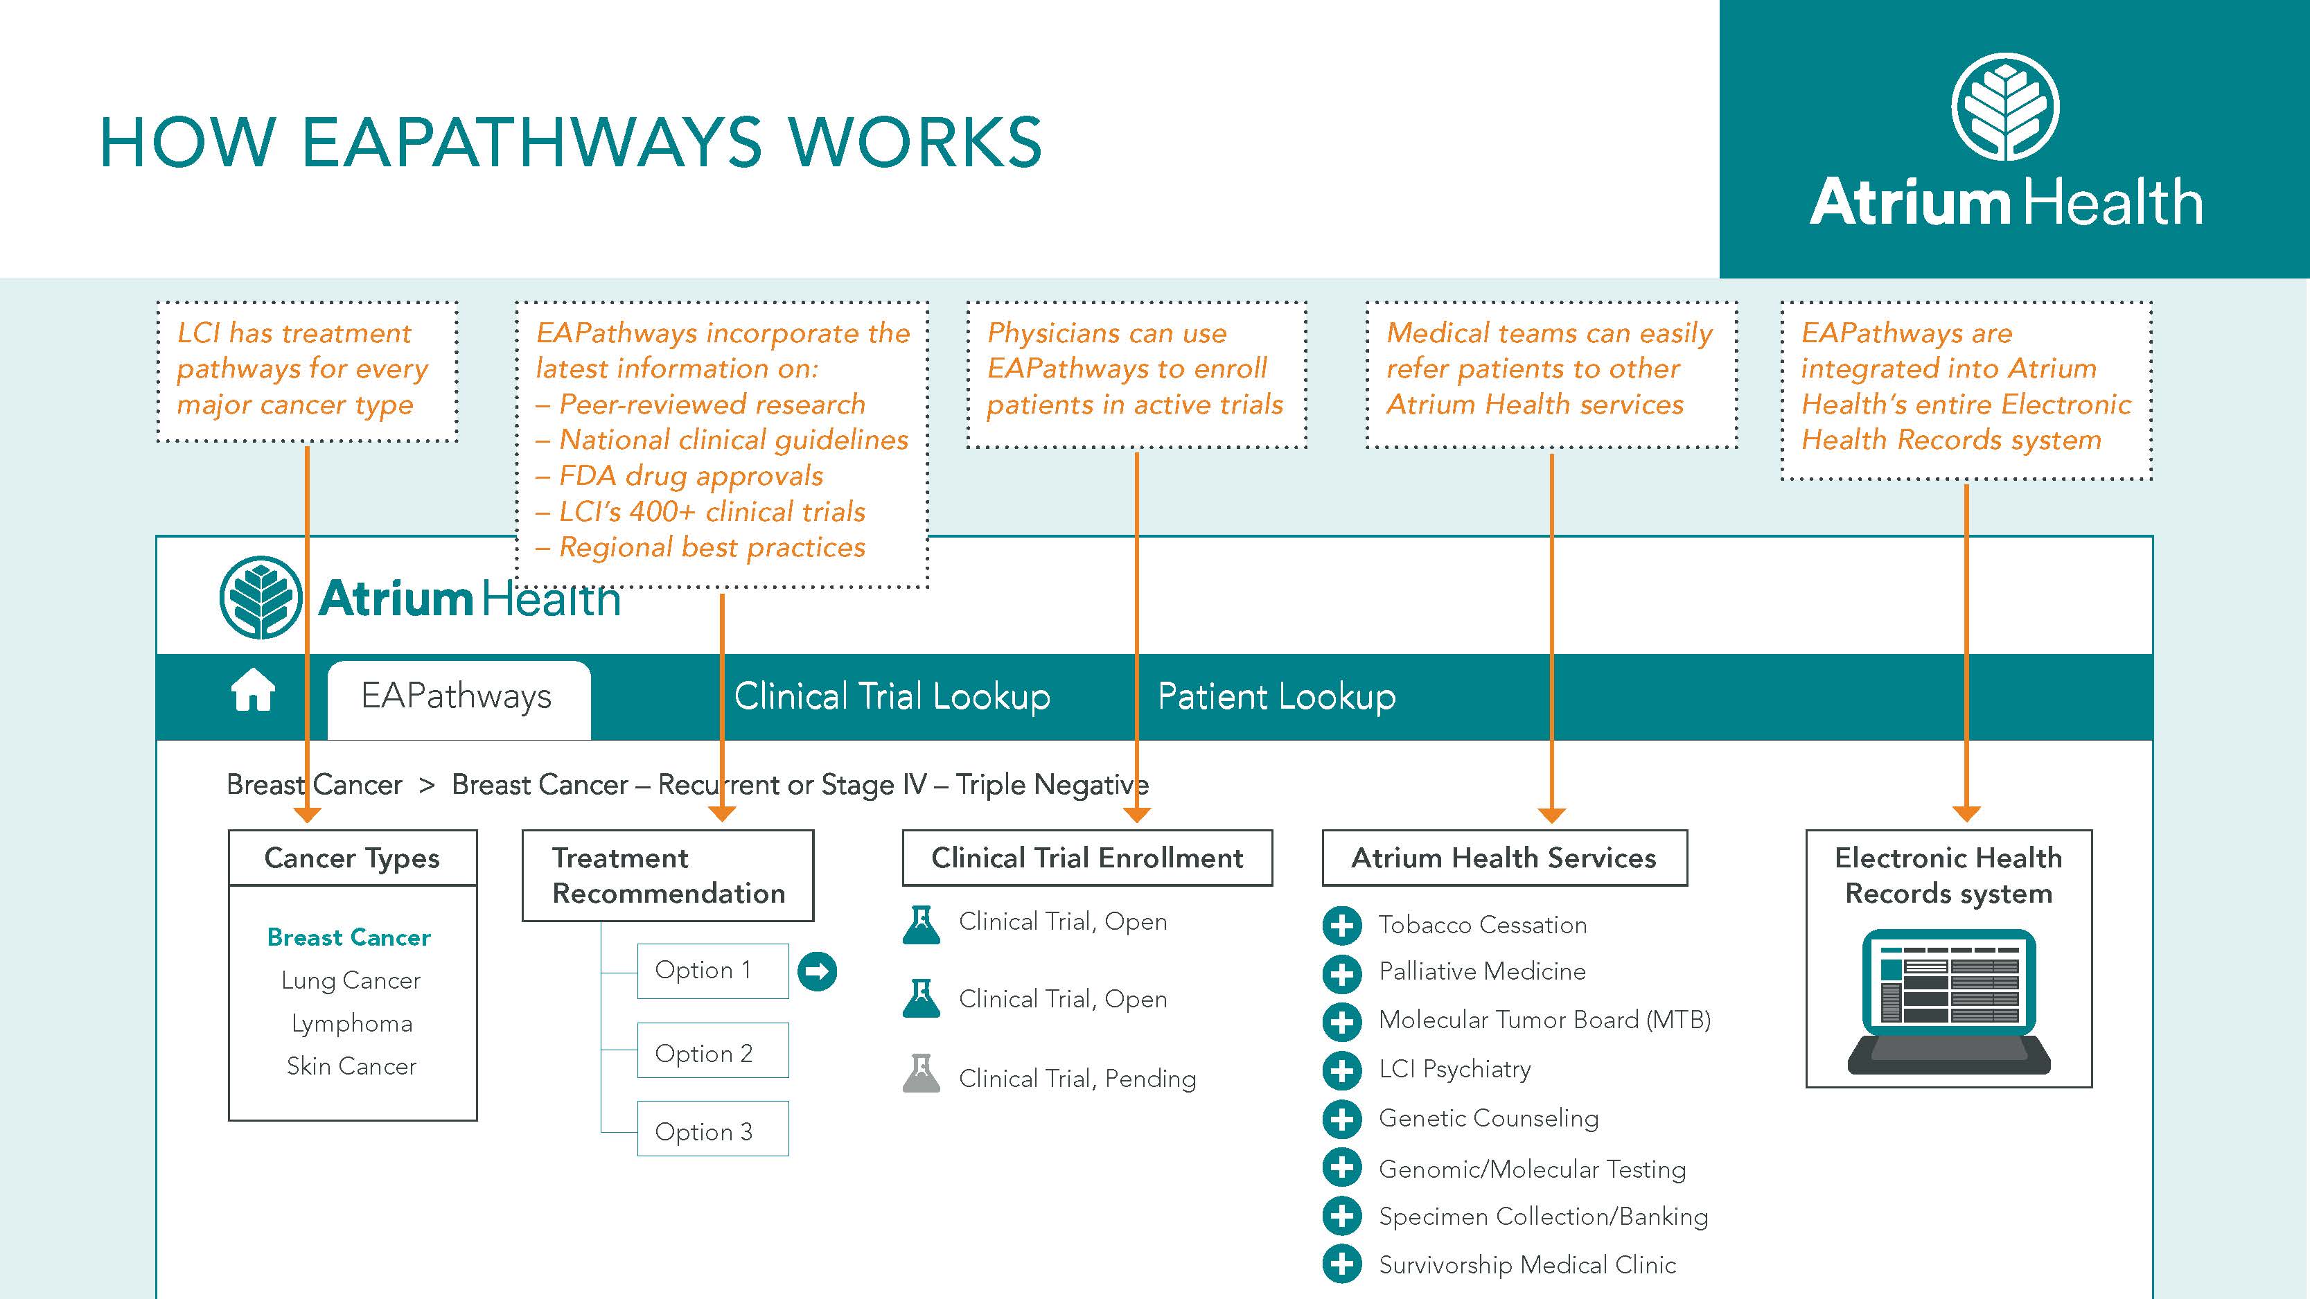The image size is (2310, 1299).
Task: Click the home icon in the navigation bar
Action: point(253,691)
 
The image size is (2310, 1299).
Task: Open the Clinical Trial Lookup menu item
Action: point(891,696)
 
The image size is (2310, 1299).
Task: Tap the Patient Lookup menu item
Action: point(1276,696)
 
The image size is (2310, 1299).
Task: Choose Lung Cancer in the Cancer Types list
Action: point(351,981)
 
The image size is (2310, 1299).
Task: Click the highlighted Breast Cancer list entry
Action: point(349,938)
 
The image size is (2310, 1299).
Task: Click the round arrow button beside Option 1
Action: point(817,971)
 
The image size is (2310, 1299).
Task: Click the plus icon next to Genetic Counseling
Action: point(1341,1119)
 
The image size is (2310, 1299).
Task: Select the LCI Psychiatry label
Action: point(1454,1070)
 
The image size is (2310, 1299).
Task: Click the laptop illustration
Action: point(1948,1002)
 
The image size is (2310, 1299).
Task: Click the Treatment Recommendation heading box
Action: point(668,876)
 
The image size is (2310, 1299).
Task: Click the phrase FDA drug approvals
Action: point(691,476)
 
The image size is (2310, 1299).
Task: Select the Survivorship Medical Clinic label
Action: point(1527,1265)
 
